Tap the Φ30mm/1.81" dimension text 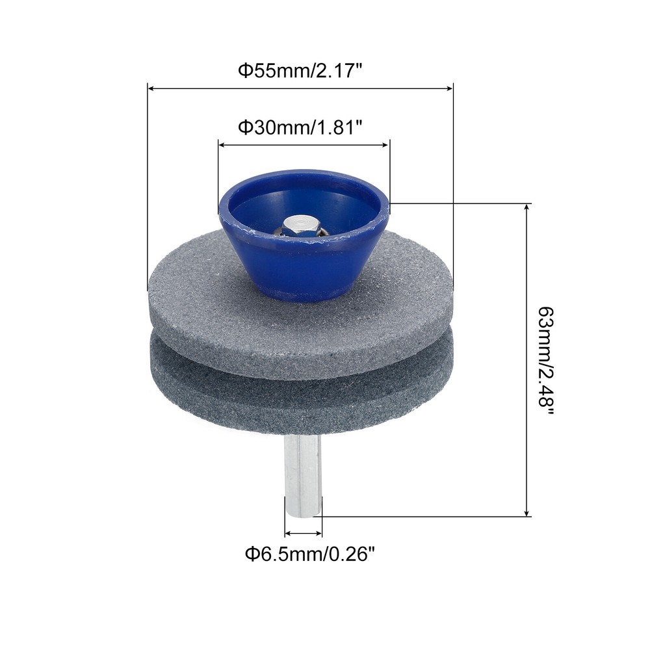(x=300, y=128)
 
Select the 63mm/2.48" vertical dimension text (x=545, y=362)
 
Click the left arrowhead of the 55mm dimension (x=151, y=88)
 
